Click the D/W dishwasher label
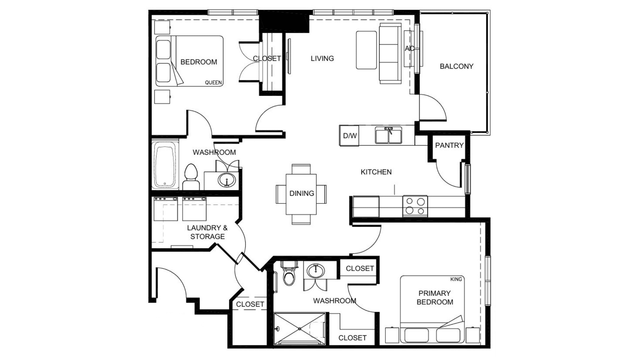point(350,136)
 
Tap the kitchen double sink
point(388,135)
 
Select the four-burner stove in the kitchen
point(415,206)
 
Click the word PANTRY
point(449,145)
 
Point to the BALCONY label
point(456,66)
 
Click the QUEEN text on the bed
point(213,83)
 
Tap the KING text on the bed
point(456,279)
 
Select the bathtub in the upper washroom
point(165,165)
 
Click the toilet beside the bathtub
point(191,177)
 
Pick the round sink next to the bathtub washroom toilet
point(227,180)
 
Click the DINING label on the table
point(302,193)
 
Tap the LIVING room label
point(322,59)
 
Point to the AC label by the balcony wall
point(410,49)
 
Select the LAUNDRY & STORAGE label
point(207,232)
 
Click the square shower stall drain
point(300,329)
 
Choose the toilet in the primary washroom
point(289,274)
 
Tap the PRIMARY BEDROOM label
point(435,298)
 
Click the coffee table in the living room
point(366,50)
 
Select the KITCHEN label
point(376,172)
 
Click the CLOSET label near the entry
point(250,304)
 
